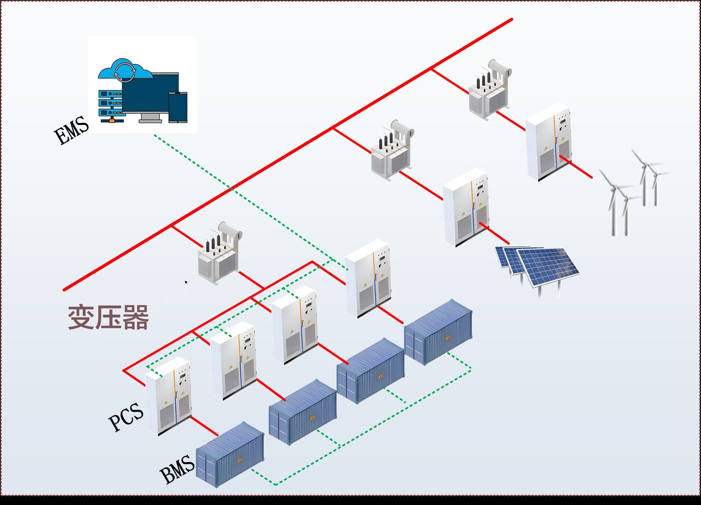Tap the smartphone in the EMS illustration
pos(178,107)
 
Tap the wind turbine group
pos(634,190)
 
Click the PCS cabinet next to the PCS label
pos(168,396)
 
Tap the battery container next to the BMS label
pos(230,454)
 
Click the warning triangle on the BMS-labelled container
pos(240,460)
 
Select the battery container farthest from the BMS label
pos(438,331)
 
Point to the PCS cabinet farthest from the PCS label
pos(368,278)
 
